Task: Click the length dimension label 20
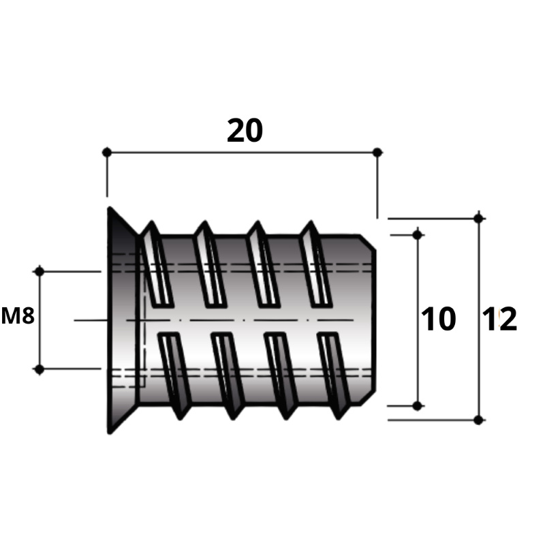point(245,131)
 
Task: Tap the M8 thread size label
point(18,316)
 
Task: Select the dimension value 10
point(438,319)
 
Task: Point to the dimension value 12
point(499,319)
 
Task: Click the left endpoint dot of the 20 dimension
point(107,152)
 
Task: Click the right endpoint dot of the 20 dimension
point(377,152)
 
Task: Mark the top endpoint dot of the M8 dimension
point(40,271)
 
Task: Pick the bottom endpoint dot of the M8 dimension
point(40,369)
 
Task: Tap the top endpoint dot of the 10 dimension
point(418,235)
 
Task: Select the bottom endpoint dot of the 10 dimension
point(418,405)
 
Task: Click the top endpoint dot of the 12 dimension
point(479,219)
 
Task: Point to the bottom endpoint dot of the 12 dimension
point(479,420)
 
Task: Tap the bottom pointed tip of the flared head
point(110,433)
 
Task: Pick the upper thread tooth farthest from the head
point(315,264)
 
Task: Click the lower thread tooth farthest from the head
point(334,375)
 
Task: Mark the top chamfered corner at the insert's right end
point(368,243)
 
